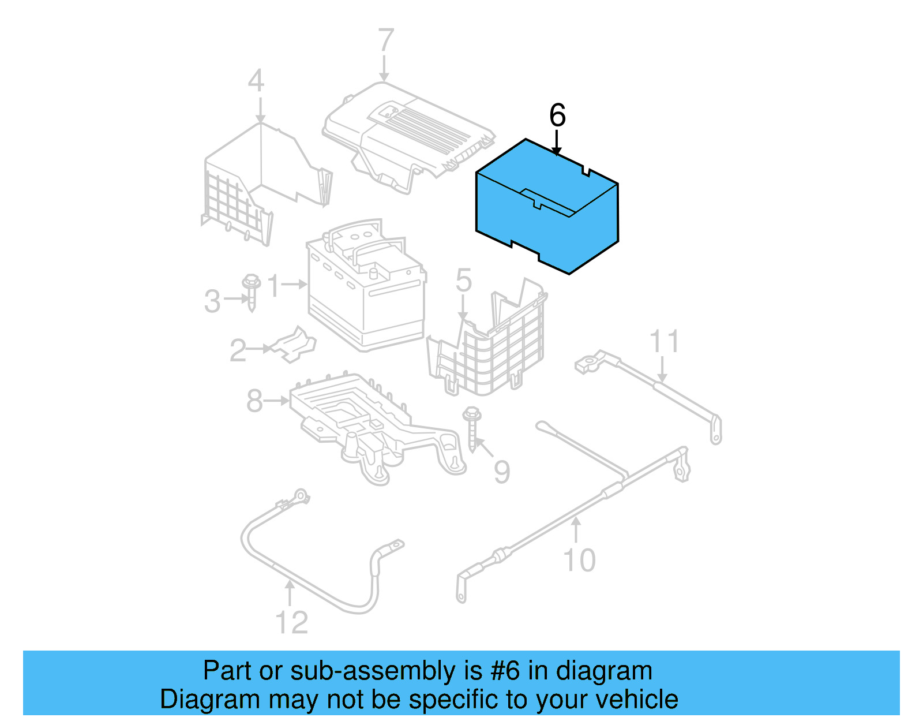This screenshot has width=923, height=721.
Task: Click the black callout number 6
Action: click(557, 115)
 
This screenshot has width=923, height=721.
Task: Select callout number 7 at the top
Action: click(385, 42)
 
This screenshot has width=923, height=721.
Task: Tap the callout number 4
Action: click(256, 81)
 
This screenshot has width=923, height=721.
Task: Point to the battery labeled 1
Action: click(366, 289)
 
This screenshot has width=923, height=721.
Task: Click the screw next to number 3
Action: click(251, 293)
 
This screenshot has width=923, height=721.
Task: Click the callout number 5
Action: click(463, 281)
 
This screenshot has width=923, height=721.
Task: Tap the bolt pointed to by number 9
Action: click(472, 429)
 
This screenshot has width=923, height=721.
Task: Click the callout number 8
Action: click(254, 401)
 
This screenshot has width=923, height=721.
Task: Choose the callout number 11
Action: click(664, 342)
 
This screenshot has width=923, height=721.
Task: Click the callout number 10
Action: click(579, 561)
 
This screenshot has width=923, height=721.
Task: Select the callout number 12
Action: click(291, 623)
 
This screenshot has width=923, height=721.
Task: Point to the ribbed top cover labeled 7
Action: click(410, 136)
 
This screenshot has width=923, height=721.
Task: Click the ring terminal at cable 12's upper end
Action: click(301, 495)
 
